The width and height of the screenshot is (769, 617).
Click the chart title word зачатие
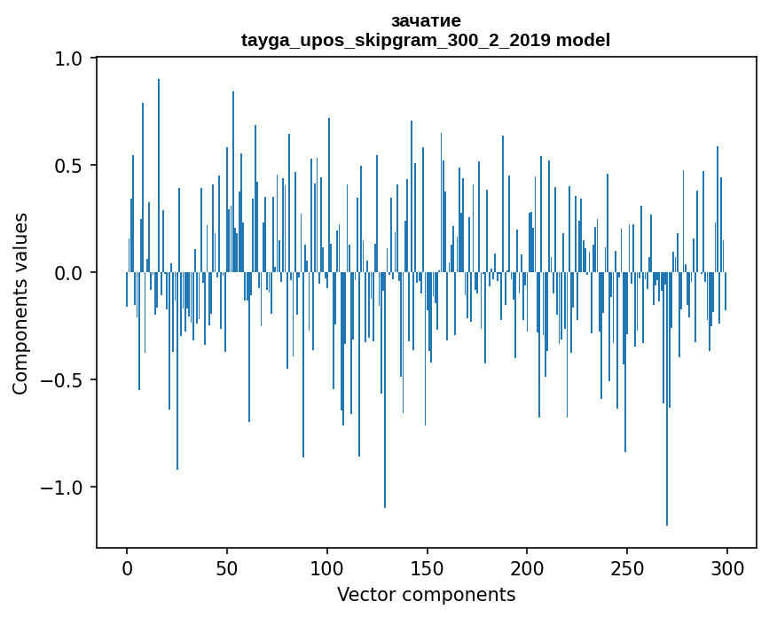426,20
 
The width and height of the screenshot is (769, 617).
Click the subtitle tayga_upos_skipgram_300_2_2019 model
426,40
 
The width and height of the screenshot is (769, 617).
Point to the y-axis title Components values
20,303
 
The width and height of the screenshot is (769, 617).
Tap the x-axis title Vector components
426,594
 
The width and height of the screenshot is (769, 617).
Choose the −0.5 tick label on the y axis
62,380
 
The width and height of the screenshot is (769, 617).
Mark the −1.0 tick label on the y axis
62,488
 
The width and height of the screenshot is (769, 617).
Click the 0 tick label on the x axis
127,567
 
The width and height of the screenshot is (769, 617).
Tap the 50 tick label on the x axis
227,567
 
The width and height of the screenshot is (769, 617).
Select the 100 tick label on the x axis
327,567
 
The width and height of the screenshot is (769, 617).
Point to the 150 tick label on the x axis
428,567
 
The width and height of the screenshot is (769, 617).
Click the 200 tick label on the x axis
528,567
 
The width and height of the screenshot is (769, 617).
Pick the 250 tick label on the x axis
627,567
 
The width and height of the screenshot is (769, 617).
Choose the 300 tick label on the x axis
727,567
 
